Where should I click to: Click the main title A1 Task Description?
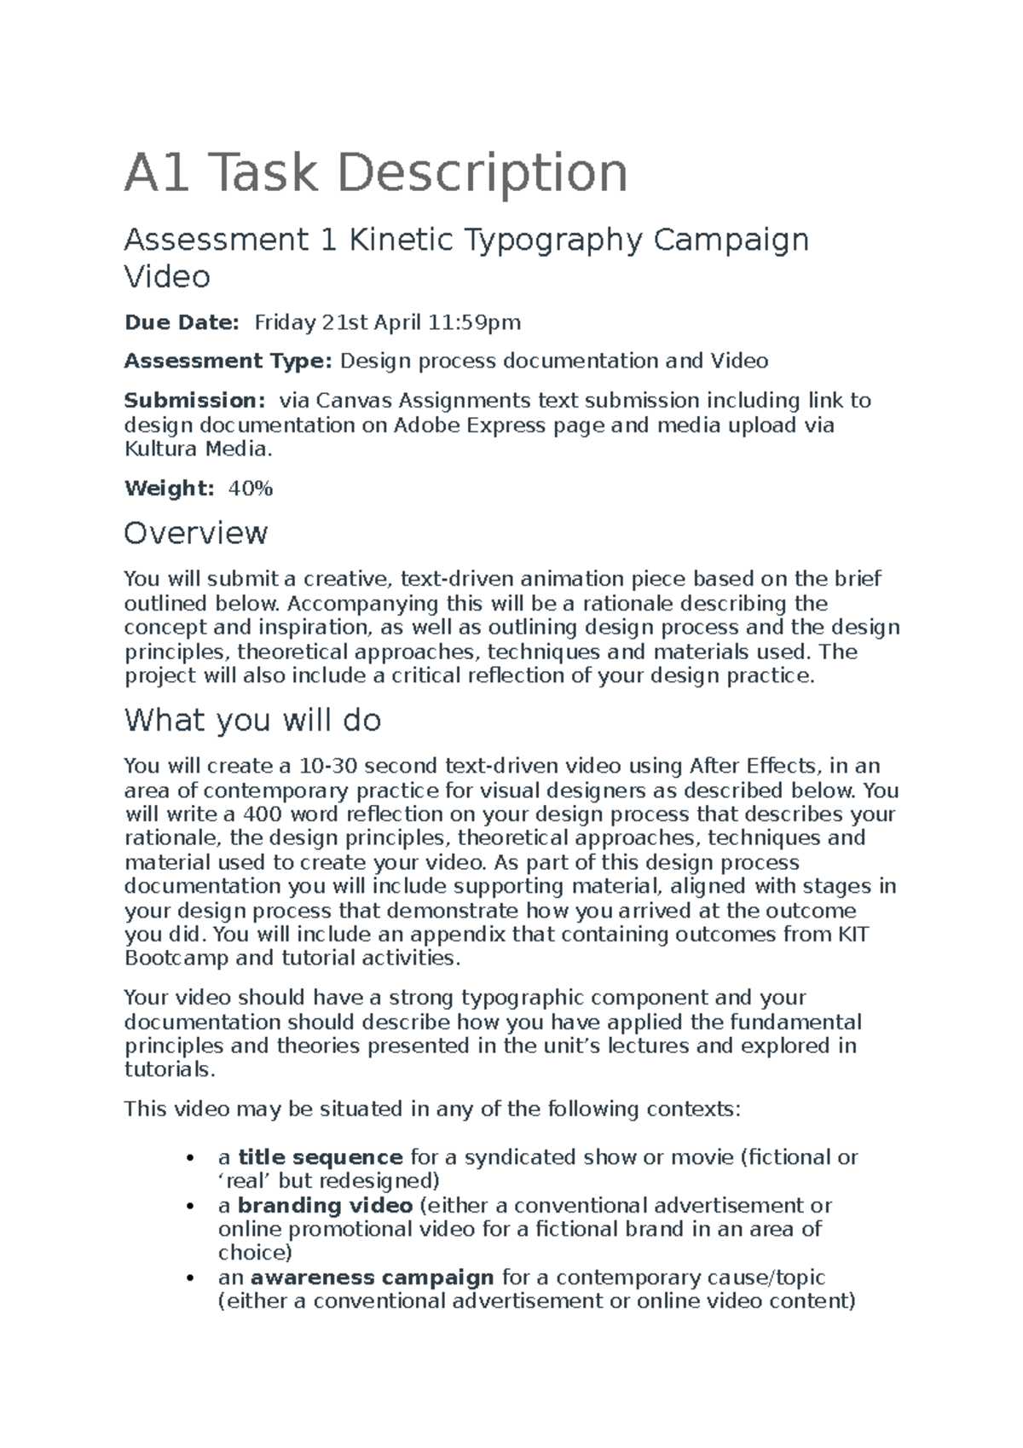pyautogui.click(x=376, y=173)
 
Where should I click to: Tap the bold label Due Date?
pyautogui.click(x=182, y=322)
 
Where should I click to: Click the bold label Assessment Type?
pyautogui.click(x=228, y=361)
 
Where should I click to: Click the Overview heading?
pyautogui.click(x=195, y=534)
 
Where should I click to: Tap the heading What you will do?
pyautogui.click(x=252, y=721)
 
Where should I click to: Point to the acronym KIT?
pyautogui.click(x=852, y=934)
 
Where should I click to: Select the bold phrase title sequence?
pyautogui.click(x=320, y=1157)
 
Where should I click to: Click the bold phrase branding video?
pyautogui.click(x=325, y=1205)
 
